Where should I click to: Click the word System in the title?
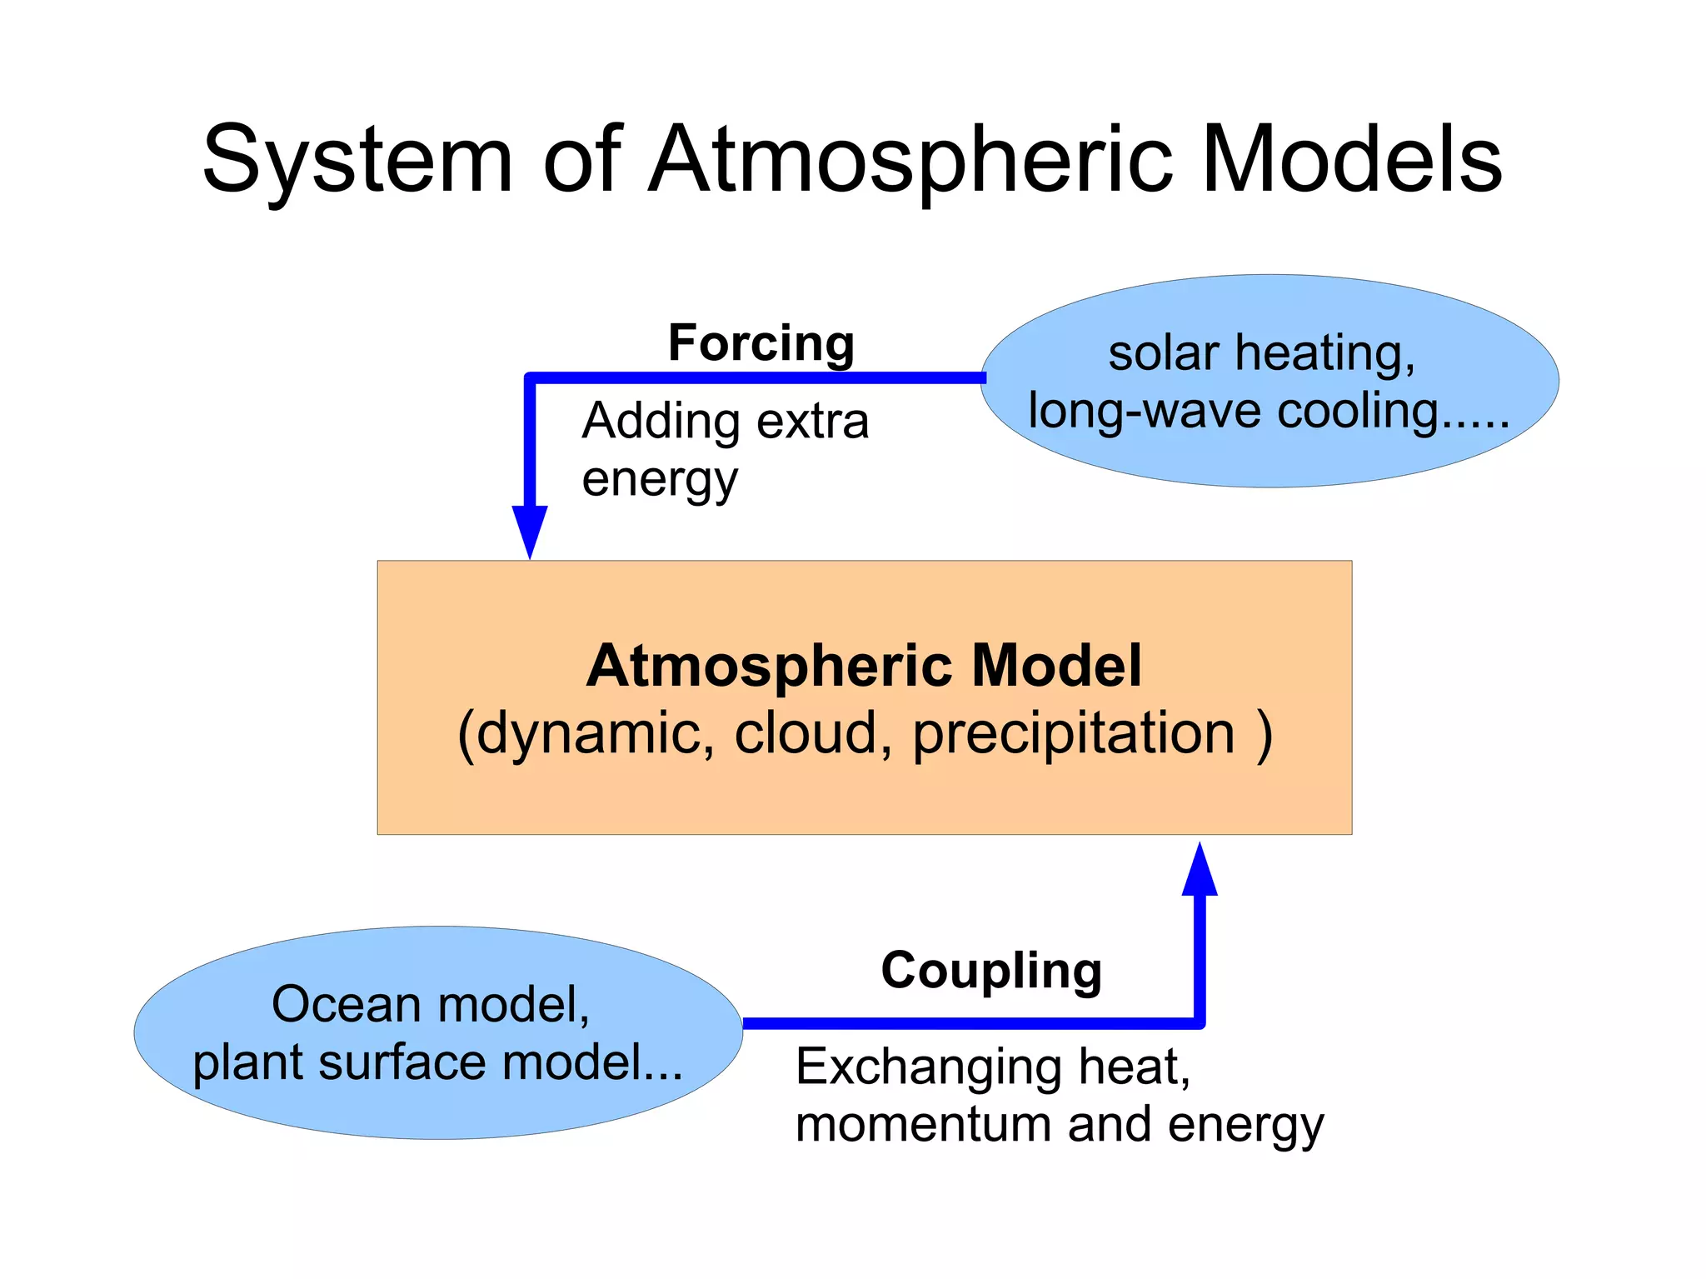357,160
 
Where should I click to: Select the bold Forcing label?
761,342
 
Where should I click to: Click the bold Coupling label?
991,971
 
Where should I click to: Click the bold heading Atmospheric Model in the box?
864,666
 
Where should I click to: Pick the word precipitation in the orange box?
1074,734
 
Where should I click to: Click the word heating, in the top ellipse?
1324,354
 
